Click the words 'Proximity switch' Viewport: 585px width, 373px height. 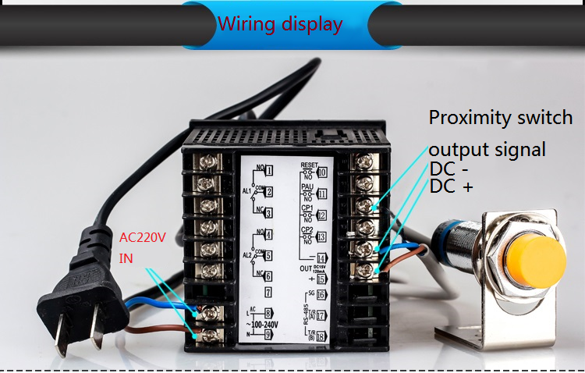501,118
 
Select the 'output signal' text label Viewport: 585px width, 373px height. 487,149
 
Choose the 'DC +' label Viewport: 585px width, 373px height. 452,186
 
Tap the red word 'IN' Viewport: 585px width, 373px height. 126,258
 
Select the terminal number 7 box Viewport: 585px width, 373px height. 268,293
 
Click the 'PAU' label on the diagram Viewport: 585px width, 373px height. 307,187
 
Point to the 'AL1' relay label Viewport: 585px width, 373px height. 246,190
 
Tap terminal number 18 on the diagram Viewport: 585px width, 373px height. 321,337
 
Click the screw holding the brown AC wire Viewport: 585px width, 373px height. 209,336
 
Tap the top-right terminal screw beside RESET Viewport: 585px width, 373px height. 361,163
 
